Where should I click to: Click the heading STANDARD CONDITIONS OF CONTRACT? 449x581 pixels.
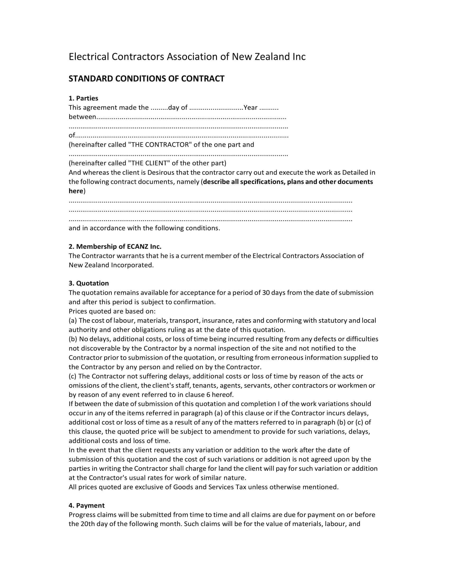(x=146, y=79)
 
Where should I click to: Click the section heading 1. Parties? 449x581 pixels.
(x=83, y=98)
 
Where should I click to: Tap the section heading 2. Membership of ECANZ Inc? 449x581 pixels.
(x=115, y=246)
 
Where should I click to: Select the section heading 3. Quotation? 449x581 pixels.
(x=88, y=283)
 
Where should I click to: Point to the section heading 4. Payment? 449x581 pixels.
(x=86, y=505)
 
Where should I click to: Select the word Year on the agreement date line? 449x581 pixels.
(x=251, y=107)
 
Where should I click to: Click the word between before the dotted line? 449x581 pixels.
(x=82, y=117)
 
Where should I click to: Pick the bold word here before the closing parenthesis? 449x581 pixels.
(x=76, y=191)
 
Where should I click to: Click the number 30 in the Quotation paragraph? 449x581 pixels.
(x=266, y=293)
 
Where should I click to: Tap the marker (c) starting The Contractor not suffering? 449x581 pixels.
(x=73, y=376)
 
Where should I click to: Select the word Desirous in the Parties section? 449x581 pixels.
(x=161, y=172)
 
